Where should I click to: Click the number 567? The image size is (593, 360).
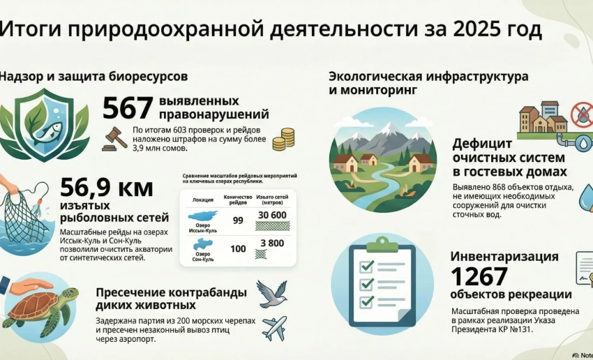128,108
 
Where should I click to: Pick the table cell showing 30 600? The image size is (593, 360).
272,215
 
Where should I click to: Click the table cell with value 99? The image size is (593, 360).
237,220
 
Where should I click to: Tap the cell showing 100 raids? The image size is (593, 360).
237,248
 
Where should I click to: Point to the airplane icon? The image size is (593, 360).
274,327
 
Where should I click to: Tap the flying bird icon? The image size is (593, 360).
272,293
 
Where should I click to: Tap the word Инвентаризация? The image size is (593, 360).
504,256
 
